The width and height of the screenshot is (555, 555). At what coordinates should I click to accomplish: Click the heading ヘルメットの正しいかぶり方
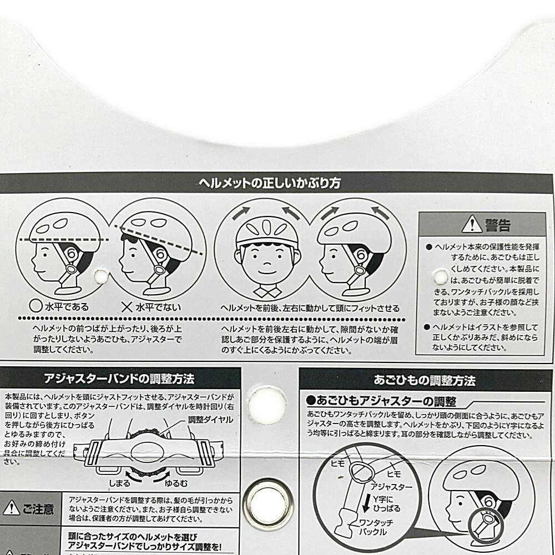click(x=270, y=183)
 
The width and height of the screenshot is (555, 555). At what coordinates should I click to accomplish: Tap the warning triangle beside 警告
click(x=472, y=224)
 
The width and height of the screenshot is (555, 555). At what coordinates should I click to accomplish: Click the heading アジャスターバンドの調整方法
click(x=119, y=380)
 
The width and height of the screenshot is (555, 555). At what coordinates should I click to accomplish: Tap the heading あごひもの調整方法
click(x=425, y=381)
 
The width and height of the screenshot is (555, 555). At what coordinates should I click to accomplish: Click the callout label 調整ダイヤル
click(x=211, y=420)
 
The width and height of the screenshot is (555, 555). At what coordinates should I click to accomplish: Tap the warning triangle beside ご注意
click(x=11, y=508)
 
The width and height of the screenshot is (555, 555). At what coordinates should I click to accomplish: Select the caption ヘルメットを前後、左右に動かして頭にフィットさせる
click(x=310, y=307)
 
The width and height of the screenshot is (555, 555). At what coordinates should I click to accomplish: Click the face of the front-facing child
click(x=267, y=260)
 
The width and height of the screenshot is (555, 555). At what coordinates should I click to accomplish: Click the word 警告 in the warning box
click(x=497, y=224)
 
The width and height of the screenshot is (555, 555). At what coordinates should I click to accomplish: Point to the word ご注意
click(x=38, y=508)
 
